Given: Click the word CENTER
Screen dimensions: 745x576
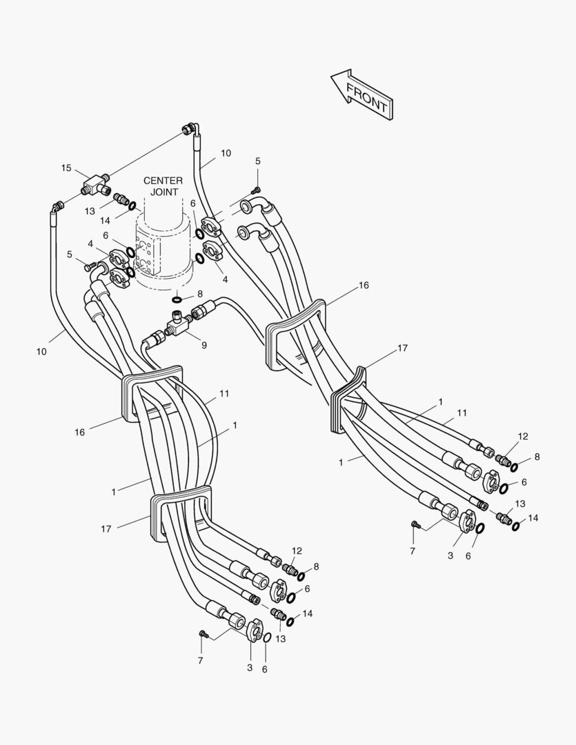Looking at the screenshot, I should (163, 181).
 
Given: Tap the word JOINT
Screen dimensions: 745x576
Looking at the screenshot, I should (164, 192).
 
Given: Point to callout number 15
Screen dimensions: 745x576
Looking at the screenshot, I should (66, 168).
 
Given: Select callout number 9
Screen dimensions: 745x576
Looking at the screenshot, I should (203, 345).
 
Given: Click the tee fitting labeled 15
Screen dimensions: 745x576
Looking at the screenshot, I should (93, 185).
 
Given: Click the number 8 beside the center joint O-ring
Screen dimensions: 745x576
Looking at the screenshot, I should (199, 294).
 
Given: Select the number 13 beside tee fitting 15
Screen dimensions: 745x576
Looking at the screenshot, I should (91, 211).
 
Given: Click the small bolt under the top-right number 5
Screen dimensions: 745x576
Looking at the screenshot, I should (256, 190).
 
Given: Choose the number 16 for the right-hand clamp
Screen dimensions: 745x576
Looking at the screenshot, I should (364, 285).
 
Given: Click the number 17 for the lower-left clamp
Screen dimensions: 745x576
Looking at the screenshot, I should (106, 529).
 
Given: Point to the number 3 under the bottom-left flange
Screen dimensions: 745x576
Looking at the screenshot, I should (250, 668).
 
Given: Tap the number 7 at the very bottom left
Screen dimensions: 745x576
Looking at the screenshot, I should (201, 661).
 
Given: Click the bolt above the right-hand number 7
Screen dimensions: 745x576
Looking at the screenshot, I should (415, 525).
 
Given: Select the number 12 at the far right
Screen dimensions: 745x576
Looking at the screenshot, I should (523, 436).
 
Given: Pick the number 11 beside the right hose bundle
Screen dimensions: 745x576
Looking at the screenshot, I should (461, 413).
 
